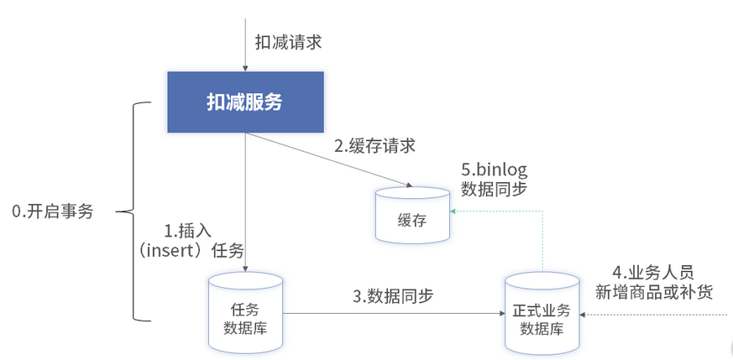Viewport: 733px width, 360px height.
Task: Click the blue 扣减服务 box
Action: (245, 102)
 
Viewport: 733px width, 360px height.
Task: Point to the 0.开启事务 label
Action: (52, 211)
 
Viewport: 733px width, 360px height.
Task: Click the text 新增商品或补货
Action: (653, 293)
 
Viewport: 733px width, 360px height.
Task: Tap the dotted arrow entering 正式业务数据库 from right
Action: (655, 316)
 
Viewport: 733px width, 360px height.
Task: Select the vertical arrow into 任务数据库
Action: (245, 201)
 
